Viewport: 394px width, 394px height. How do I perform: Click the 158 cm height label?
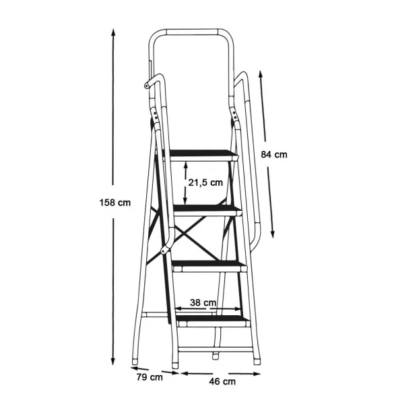tap(115, 203)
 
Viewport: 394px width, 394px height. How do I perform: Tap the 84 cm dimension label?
tap(274, 154)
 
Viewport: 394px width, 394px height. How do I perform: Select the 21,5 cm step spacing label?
tap(205, 183)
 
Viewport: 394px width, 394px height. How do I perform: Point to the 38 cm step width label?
tap(203, 302)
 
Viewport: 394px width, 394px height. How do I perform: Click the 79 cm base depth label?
tap(150, 377)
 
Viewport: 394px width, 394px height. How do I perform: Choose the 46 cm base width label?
tap(222, 381)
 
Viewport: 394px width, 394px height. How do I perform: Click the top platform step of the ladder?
tap(203, 155)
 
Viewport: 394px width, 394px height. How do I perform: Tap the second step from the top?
tap(207, 211)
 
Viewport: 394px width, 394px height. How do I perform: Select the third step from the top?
tap(210, 266)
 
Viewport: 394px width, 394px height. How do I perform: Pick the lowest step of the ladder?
tap(213, 321)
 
